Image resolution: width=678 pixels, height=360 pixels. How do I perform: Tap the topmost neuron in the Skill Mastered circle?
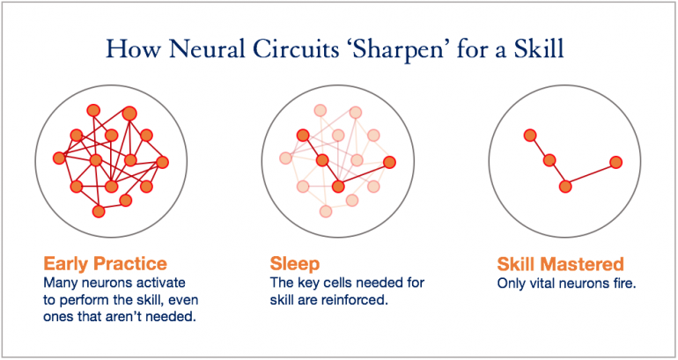point(529,135)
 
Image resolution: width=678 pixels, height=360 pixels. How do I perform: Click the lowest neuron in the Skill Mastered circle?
point(565,186)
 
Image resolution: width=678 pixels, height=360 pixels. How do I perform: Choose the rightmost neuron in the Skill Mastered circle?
point(616,162)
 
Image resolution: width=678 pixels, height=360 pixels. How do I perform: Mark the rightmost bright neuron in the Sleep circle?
point(389,161)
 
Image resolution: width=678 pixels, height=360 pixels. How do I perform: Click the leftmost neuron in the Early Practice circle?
point(59,158)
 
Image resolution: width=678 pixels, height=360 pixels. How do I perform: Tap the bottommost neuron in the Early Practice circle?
point(99,211)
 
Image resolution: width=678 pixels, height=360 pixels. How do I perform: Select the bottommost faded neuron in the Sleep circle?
point(326,211)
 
